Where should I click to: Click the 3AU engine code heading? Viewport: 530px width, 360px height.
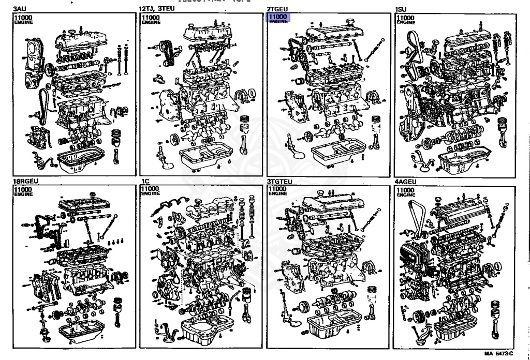[20, 9]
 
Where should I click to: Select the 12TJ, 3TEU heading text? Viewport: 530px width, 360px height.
[157, 9]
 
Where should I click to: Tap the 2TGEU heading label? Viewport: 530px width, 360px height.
[277, 9]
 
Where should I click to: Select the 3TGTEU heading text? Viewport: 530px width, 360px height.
[280, 182]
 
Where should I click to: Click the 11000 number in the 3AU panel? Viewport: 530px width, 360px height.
[23, 18]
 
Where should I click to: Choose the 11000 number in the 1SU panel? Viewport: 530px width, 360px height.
[405, 18]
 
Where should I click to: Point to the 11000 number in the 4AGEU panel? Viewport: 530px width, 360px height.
[405, 190]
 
